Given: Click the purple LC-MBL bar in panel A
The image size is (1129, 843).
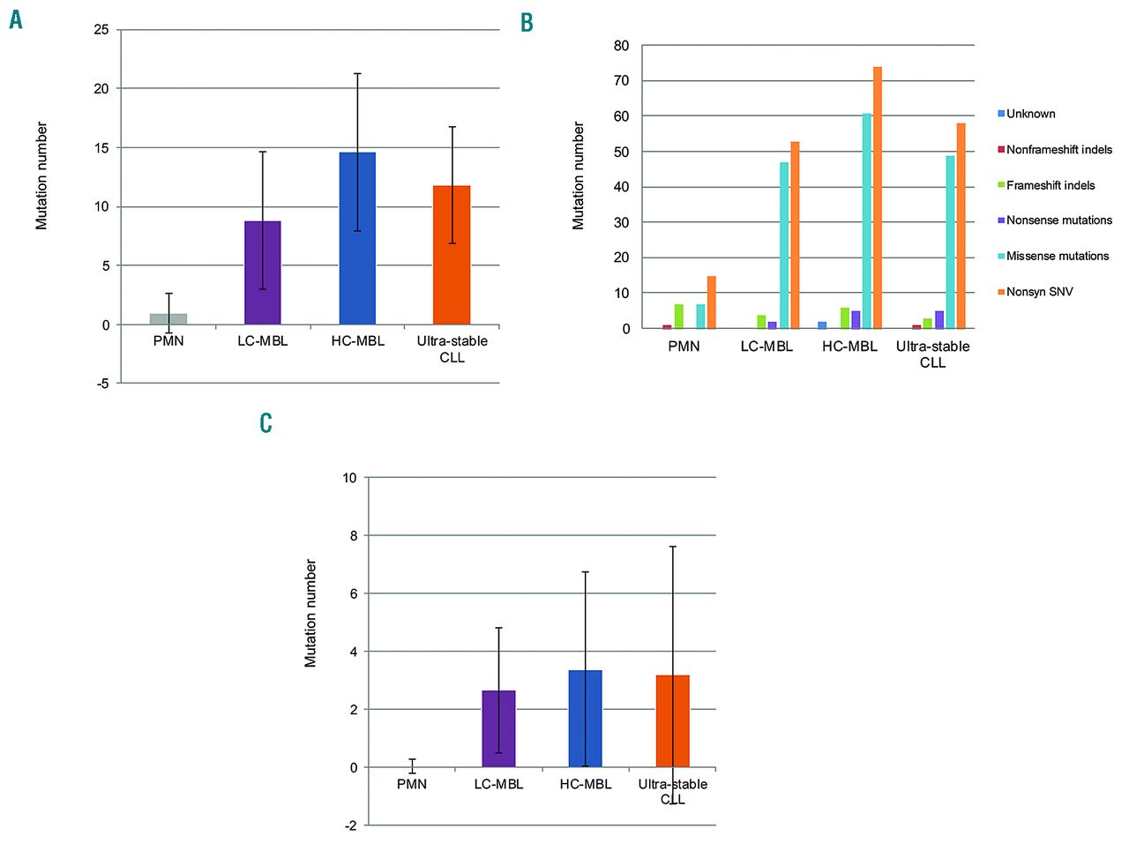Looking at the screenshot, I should point(263,272).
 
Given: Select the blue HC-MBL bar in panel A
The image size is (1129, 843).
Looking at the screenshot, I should point(357,238).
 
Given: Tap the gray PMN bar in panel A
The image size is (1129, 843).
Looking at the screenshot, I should point(168,319).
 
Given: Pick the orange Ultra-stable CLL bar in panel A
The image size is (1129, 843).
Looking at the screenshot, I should point(452,255).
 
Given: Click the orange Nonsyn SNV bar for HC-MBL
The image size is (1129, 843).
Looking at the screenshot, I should point(878,198).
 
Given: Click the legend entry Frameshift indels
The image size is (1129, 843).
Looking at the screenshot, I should point(1050,185).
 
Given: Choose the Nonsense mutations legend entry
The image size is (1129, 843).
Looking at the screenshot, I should point(1058,220).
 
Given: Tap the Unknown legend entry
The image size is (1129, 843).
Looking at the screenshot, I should point(1030,114).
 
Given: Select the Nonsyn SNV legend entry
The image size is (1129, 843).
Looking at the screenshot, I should point(1039,292).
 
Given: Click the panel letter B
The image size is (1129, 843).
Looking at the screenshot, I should point(527,23).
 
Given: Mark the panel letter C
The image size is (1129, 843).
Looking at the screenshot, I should point(265,423).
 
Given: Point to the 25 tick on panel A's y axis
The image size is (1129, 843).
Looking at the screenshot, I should point(101,30).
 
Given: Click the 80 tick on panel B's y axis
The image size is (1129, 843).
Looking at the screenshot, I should point(622,46).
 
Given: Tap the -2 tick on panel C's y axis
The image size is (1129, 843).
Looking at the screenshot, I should point(351,825).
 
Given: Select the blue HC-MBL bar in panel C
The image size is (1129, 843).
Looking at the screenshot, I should point(586,719).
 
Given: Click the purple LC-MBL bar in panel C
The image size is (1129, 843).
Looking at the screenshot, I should point(498,728).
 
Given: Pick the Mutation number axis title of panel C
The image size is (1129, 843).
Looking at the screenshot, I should point(310,613).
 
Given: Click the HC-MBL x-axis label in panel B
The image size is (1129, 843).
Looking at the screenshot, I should point(849,347).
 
